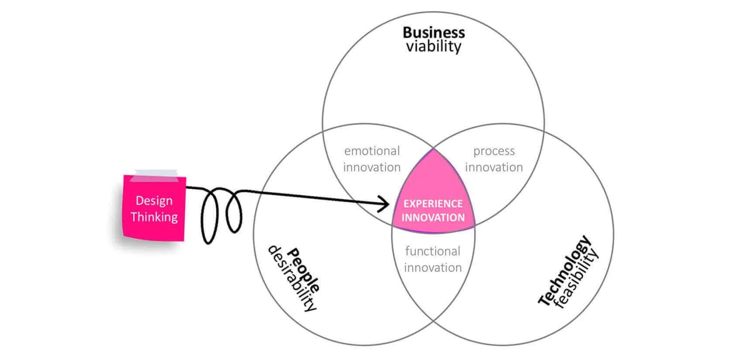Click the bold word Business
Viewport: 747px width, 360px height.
coord(434,33)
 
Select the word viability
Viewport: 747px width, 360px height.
coord(434,46)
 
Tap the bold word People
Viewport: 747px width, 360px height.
coord(304,270)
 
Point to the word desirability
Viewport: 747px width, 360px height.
coord(292,278)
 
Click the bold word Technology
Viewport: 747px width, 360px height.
coord(564,270)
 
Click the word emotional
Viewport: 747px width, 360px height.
coord(372,151)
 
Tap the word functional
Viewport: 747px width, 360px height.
coord(432,251)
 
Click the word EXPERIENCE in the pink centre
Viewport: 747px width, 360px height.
coord(433,203)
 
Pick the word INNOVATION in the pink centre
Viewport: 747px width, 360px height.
coord(433,218)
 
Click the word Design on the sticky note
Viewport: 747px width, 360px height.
coord(154,201)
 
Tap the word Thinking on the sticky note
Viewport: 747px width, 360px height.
coord(154,217)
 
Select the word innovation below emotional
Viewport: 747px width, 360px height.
coord(372,167)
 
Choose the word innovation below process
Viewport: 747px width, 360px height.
coord(494,167)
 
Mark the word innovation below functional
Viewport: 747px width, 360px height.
coord(433,267)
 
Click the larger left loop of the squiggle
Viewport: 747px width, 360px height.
coord(202,217)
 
